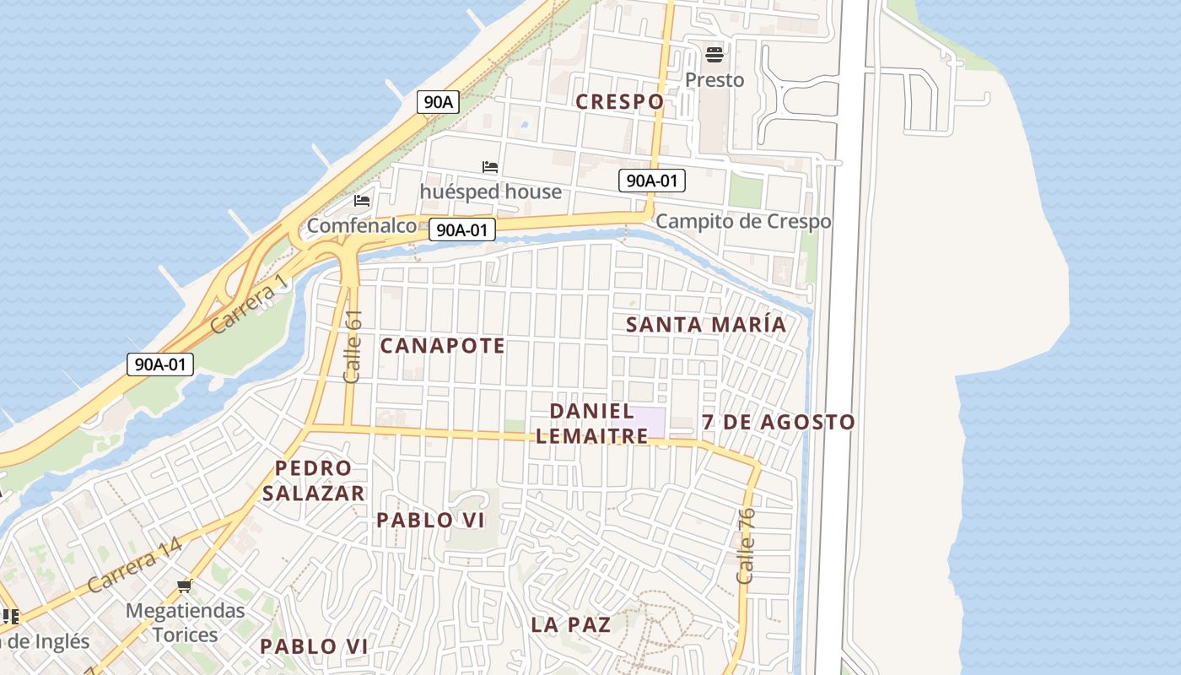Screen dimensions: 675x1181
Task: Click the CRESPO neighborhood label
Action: tap(619, 102)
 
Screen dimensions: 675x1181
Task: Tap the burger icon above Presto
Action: tap(715, 56)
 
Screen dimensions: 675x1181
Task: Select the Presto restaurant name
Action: tap(715, 80)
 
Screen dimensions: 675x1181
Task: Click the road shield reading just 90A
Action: tap(438, 102)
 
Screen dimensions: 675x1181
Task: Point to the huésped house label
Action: tap(490, 192)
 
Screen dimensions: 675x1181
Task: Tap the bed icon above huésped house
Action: tap(490, 167)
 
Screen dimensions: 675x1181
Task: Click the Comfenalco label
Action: tap(361, 225)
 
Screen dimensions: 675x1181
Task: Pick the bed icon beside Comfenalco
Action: tap(362, 201)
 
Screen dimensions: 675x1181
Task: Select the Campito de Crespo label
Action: tap(743, 221)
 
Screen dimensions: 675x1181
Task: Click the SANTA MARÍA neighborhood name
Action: tap(706, 324)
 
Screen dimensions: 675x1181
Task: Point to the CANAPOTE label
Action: tap(442, 345)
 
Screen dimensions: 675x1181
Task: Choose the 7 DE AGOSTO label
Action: tap(778, 422)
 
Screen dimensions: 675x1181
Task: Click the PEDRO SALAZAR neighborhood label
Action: tap(313, 480)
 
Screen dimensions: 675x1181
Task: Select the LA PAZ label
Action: tap(571, 624)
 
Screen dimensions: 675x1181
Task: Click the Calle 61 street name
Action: tap(353, 346)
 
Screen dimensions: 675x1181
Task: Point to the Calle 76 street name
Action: tap(746, 545)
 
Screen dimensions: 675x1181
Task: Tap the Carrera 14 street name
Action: tap(135, 564)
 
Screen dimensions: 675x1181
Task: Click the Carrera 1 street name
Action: tap(250, 306)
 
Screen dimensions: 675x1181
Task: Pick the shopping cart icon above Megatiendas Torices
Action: tap(184, 586)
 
